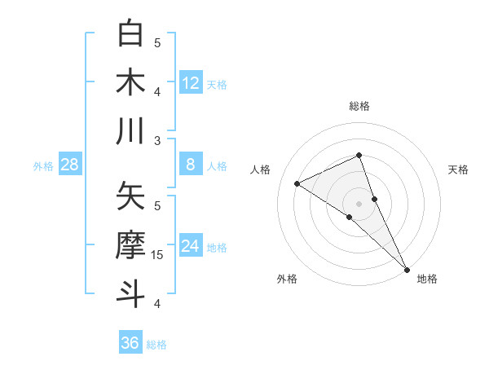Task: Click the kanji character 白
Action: [131, 33]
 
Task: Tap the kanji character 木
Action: [131, 82]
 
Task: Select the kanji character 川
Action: [131, 131]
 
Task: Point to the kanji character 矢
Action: [131, 196]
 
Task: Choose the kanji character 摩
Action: [131, 245]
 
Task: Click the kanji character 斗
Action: [131, 294]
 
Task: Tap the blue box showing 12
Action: [191, 83]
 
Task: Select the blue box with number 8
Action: [191, 165]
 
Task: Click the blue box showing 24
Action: [191, 246]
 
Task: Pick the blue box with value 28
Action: [70, 165]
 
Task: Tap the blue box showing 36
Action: [130, 343]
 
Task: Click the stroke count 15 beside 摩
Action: [158, 255]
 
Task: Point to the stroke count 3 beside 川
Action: [157, 141]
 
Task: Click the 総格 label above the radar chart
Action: [359, 106]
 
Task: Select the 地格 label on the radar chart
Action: [427, 279]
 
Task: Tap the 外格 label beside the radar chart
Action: [287, 279]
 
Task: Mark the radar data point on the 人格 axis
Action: [297, 183]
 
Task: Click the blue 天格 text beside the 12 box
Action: [217, 84]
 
